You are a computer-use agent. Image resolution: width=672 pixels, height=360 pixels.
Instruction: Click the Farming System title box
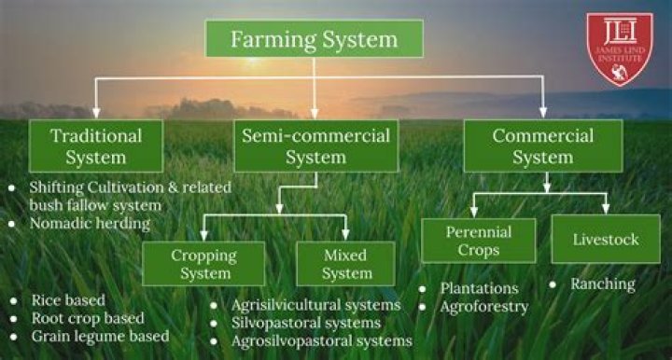tap(314, 40)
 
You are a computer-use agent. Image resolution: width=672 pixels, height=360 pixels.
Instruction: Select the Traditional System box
tap(96, 145)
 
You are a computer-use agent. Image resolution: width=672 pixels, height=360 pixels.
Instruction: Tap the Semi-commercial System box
tap(315, 145)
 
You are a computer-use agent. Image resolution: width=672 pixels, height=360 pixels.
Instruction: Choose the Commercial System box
tap(542, 145)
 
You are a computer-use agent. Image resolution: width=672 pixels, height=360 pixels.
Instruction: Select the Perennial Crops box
tap(478, 240)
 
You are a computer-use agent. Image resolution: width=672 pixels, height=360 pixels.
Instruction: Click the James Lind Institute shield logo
tap(620, 48)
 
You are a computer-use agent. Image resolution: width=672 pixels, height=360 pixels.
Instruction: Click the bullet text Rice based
tap(68, 300)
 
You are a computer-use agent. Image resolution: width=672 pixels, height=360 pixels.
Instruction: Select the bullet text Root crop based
tap(88, 318)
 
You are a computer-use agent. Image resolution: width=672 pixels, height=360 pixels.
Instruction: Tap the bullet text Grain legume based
tap(100, 336)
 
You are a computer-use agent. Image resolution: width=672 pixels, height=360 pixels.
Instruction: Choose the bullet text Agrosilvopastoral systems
tap(323, 341)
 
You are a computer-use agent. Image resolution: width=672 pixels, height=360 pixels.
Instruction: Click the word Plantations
tap(479, 288)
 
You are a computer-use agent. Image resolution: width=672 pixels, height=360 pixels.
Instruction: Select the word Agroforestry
tap(483, 306)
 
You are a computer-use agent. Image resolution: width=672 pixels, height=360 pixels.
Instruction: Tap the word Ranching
tap(602, 284)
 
